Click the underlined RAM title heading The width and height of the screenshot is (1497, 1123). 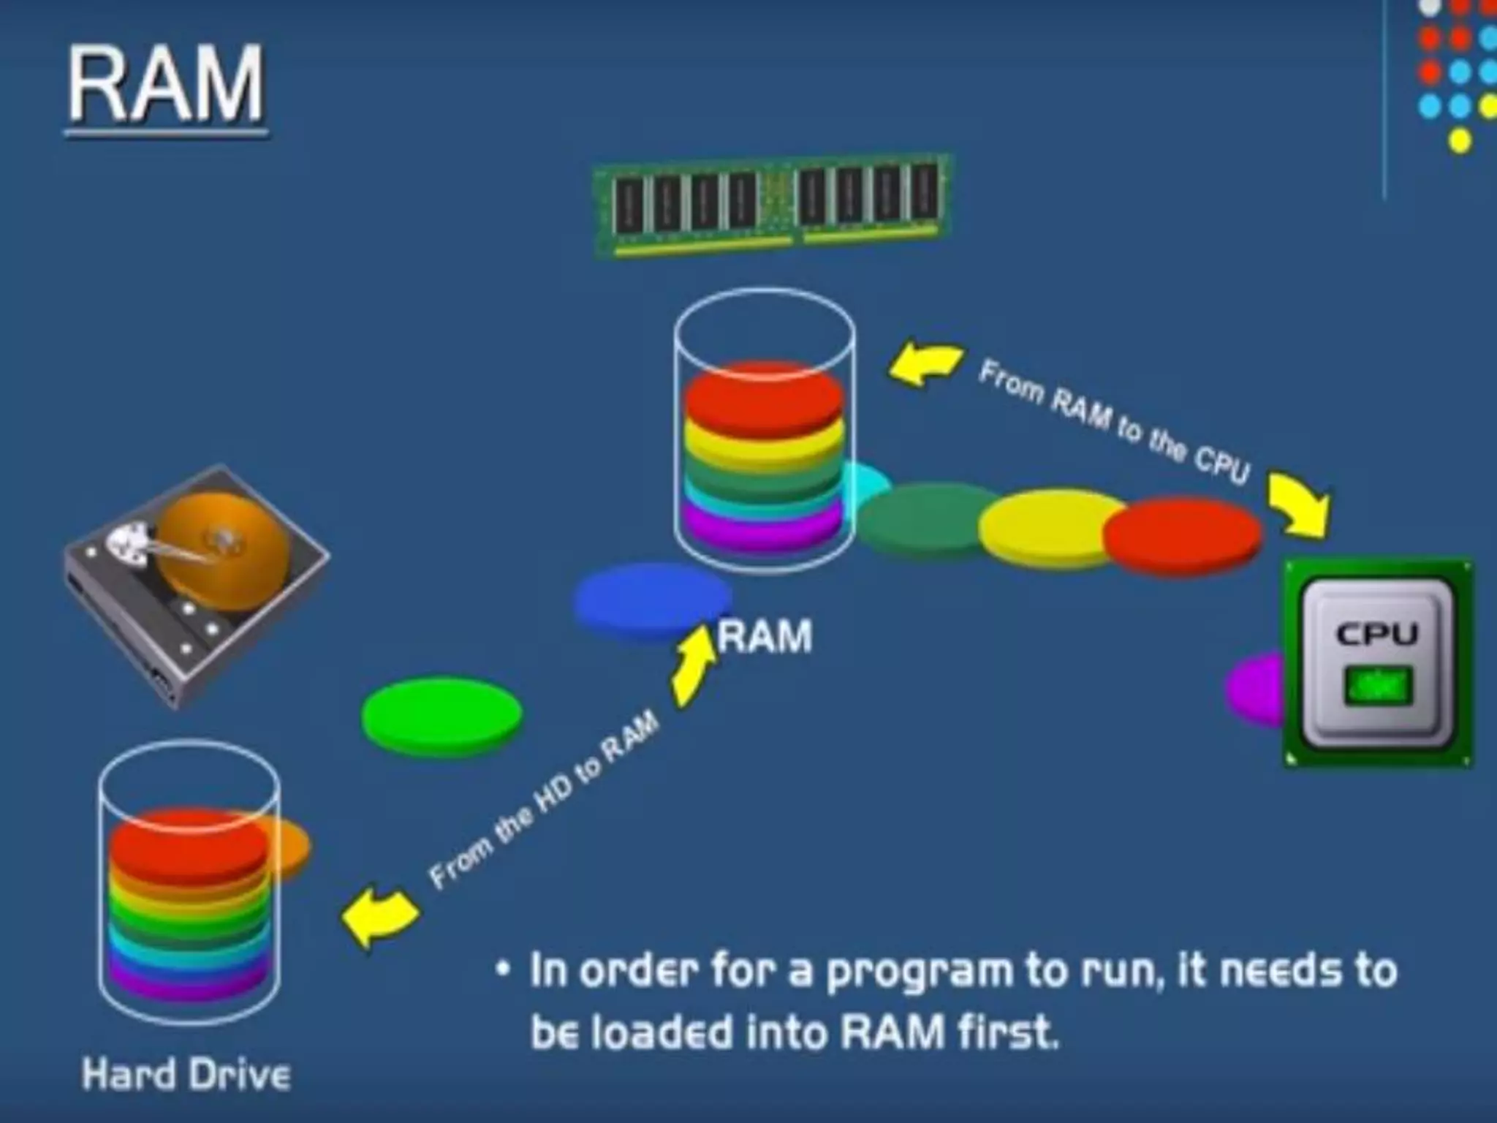167,86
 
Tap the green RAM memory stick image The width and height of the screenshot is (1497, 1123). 771,206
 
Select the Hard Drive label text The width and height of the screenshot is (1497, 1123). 186,1075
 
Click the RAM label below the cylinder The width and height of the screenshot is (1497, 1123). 765,636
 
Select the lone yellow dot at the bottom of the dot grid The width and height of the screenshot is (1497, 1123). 1460,140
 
